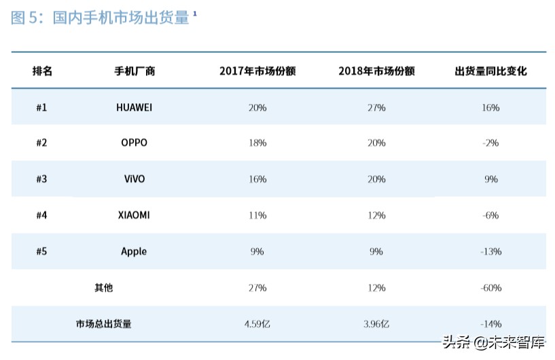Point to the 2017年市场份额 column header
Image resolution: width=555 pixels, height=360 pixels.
coord(257,71)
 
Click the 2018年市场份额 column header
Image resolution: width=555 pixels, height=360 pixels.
coord(376,71)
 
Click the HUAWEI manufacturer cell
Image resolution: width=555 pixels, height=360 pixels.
coord(134,107)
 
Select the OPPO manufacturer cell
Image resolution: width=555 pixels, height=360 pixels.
coord(134,143)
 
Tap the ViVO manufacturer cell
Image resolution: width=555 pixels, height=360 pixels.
coord(134,179)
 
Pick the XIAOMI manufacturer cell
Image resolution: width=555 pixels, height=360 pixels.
coord(134,215)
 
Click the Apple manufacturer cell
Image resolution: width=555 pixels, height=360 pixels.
coord(134,251)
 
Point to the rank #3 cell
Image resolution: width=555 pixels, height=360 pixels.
coord(41,179)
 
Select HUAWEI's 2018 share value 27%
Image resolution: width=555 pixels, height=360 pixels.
coord(376,107)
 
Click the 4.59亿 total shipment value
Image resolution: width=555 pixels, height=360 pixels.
coord(257,323)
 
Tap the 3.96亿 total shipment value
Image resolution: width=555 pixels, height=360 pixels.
coord(376,323)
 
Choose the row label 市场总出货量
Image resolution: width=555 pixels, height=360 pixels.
coord(103,324)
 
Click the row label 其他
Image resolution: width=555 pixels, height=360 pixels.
coord(103,287)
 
